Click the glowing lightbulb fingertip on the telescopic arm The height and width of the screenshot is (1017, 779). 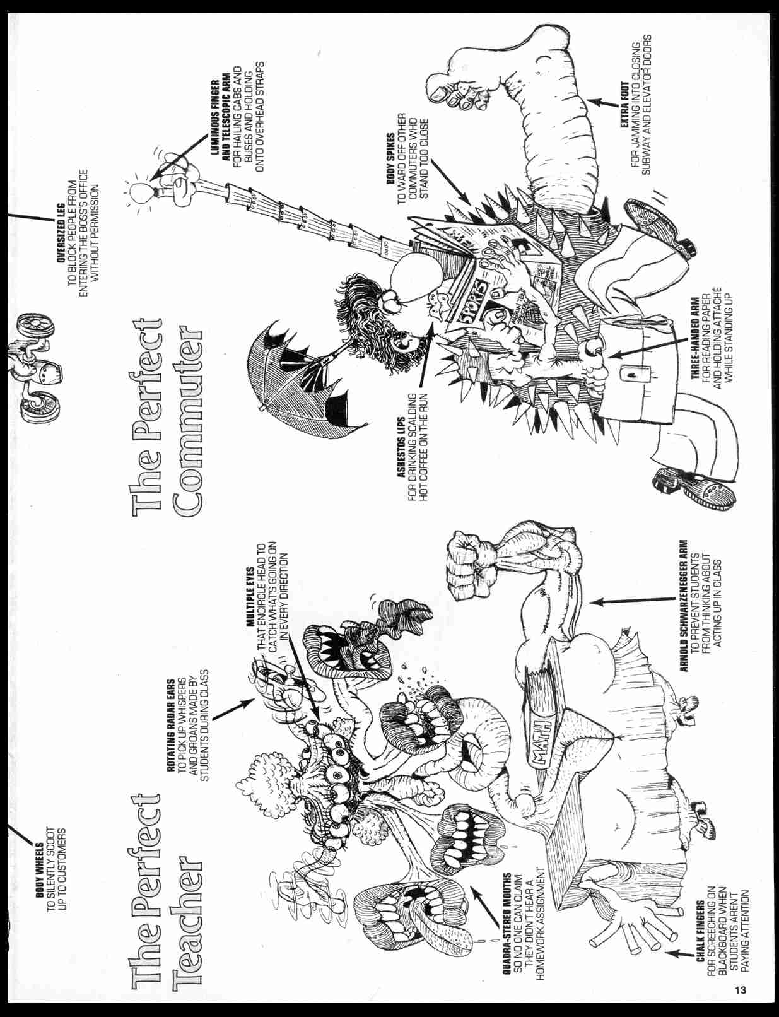[x=140, y=191]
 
